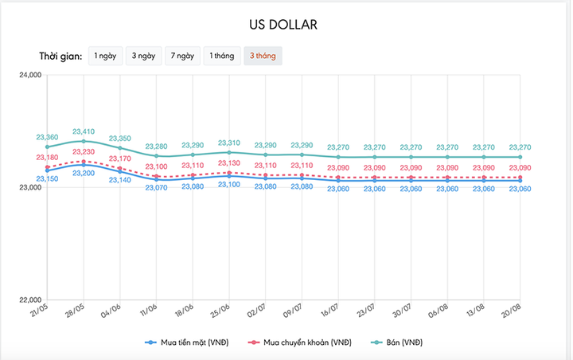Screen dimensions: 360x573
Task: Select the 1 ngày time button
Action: coord(106,56)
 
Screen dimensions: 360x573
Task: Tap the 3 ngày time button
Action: coord(144,56)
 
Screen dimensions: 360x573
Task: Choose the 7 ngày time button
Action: coord(182,56)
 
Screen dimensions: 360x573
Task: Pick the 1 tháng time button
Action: coord(222,56)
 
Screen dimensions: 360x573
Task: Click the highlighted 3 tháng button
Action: coord(263,56)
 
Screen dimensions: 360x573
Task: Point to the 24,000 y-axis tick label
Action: coord(33,75)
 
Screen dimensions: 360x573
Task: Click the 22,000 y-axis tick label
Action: coord(33,299)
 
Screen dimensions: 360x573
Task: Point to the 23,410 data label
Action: coord(84,131)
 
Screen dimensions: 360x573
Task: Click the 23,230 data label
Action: coord(84,152)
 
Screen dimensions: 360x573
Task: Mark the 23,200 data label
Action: coord(84,173)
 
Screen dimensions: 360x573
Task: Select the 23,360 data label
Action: coord(47,138)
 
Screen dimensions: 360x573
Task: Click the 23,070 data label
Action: coord(156,188)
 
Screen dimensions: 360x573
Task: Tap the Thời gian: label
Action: coord(60,57)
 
